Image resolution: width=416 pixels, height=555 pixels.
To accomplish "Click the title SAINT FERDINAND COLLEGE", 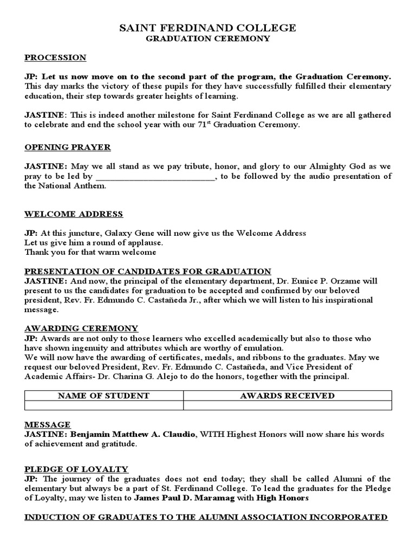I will click(x=207, y=28).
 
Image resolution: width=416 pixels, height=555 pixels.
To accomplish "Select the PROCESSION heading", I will click(x=55, y=57).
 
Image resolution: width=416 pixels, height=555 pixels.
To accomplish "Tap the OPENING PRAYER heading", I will click(x=67, y=147).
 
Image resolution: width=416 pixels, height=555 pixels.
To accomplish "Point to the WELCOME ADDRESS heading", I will click(x=73, y=214).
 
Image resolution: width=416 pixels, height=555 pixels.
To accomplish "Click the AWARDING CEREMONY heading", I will click(x=81, y=328).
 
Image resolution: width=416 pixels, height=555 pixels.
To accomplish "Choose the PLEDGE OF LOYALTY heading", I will click(x=76, y=469).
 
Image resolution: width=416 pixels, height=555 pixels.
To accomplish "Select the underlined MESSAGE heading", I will click(x=47, y=425).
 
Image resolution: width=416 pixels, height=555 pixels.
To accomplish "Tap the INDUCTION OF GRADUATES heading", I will click(x=206, y=517).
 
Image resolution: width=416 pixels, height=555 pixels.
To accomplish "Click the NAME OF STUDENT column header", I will click(x=103, y=396).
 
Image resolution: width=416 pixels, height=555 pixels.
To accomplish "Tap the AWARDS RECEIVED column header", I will click(x=287, y=396).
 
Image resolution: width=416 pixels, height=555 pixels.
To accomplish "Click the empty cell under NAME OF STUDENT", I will click(x=103, y=406).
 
